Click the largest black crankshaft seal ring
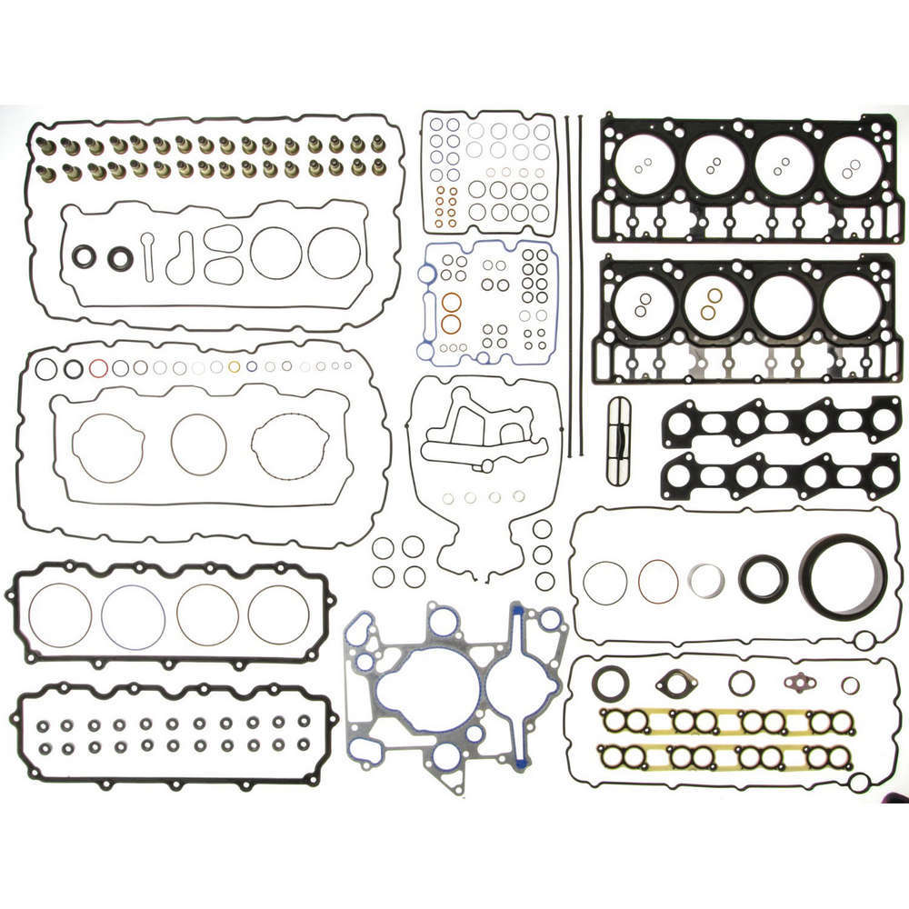(x=844, y=579)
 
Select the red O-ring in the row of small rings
(x=98, y=368)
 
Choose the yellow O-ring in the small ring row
(x=234, y=367)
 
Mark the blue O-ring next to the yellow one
(x=252, y=367)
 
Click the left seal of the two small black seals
(x=85, y=257)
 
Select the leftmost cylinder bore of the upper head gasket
(x=644, y=166)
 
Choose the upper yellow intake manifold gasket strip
(x=727, y=722)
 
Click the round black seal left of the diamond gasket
(x=611, y=683)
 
